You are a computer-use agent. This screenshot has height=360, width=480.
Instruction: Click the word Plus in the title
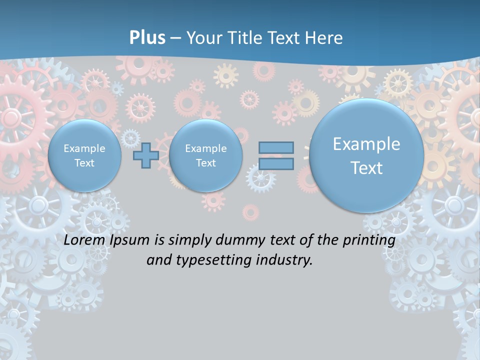pos(147,38)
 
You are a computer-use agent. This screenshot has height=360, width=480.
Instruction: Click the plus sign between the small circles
pos(146,155)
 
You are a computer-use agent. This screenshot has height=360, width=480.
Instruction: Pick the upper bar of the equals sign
pos(276,147)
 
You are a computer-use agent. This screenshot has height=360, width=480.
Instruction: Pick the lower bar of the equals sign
pos(276,163)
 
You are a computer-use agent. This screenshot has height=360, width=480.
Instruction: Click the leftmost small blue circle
pos(84,155)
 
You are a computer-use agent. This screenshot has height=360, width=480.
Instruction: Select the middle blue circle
pos(205,155)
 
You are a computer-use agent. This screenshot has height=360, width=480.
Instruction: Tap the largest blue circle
pos(366,155)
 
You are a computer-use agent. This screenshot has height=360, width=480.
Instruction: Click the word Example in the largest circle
pos(366,144)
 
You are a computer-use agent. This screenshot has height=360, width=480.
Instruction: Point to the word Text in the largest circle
pos(366,168)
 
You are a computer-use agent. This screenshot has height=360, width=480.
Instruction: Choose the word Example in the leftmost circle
pos(84,148)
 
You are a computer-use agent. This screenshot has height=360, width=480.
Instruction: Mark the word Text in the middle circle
pos(205,163)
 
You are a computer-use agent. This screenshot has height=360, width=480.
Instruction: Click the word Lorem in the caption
pos(85,240)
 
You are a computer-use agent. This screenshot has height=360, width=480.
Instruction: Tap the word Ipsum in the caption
pos(129,240)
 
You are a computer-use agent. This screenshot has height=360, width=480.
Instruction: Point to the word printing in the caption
pos(370,240)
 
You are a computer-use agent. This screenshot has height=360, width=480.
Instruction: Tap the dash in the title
pos(175,38)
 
